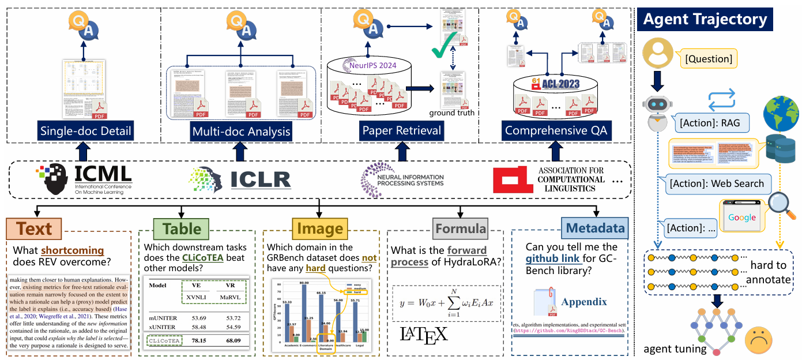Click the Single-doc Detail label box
tap(85, 131)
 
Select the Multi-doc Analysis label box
tap(241, 132)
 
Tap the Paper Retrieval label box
tap(402, 131)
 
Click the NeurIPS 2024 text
tap(373, 65)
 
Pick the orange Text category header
tap(35, 229)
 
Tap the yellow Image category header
tap(320, 229)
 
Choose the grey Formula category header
tap(461, 228)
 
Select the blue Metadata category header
tap(593, 229)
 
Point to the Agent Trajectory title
tap(705, 19)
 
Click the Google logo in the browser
tap(741, 217)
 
